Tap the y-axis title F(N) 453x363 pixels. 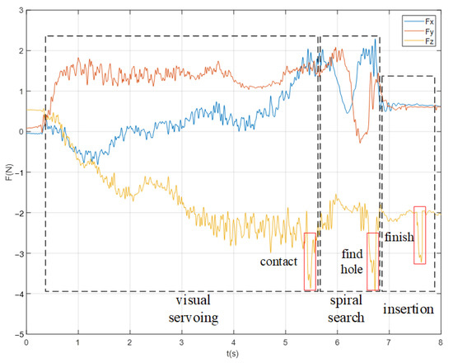coord(7,172)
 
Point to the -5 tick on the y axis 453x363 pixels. coord(18,335)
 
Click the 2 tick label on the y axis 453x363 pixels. coord(21,50)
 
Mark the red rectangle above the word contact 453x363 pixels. coord(310,262)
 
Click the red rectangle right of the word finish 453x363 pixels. coord(420,235)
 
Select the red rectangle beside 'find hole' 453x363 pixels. coord(372,262)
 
